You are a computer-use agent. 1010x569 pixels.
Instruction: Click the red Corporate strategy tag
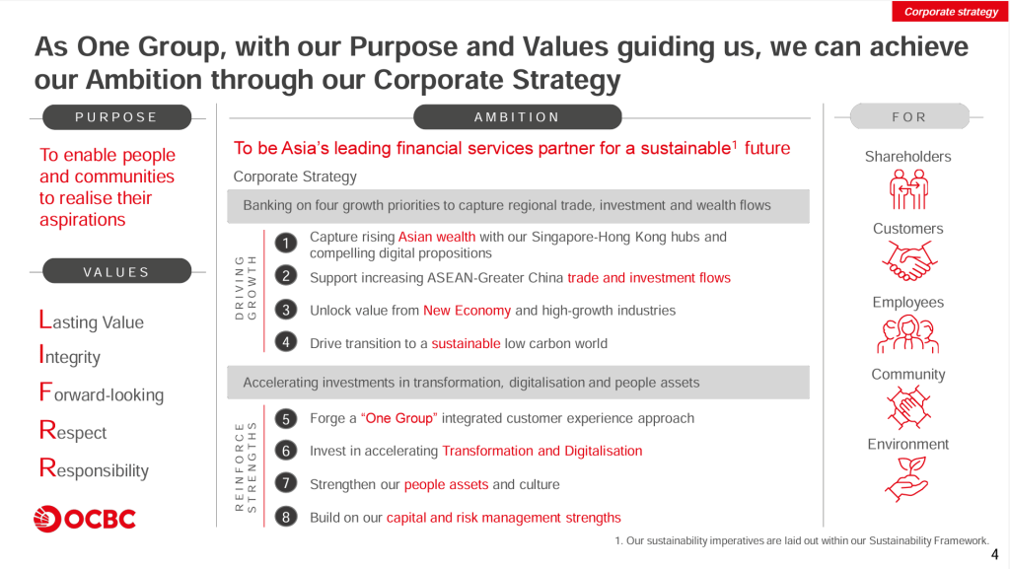950,12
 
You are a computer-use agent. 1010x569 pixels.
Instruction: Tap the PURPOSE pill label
116,117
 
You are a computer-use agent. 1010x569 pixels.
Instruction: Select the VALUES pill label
116,271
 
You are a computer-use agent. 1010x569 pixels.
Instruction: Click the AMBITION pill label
517,117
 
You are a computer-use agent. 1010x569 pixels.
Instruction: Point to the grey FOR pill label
908,116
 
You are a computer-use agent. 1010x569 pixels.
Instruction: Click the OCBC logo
85,519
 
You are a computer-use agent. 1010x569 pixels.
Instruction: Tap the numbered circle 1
286,244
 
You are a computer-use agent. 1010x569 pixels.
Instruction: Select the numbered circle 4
286,342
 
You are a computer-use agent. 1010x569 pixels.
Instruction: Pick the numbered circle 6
286,451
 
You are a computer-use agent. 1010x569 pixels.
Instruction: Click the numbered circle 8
286,517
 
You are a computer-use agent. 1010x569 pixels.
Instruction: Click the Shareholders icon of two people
908,189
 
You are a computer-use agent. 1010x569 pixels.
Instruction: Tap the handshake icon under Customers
908,260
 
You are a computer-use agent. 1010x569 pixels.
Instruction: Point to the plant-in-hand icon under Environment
907,479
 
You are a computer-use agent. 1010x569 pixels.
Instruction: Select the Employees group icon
907,334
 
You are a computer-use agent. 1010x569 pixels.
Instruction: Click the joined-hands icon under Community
908,407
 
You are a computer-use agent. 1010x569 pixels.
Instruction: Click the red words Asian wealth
437,237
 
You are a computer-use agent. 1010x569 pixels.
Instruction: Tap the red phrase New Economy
467,311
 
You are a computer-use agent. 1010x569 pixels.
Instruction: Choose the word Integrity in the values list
70,356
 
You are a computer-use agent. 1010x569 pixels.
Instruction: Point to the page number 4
994,554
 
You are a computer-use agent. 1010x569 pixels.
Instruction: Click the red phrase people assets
447,484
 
